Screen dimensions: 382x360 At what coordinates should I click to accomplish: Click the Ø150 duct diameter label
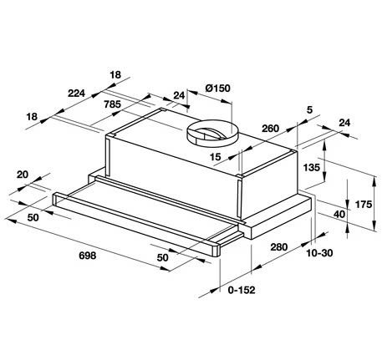(218, 89)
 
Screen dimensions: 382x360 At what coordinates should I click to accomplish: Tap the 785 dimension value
(112, 104)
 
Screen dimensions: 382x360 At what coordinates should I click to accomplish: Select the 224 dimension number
(76, 93)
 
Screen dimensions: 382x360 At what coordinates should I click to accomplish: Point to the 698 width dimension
(88, 256)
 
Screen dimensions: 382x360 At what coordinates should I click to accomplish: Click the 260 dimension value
(270, 129)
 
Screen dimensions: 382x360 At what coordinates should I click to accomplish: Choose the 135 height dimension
(312, 167)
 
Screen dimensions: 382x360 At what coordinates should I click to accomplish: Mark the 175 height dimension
(364, 205)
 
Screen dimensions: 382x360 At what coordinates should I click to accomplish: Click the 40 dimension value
(339, 214)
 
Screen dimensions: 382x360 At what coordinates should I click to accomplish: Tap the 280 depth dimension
(278, 246)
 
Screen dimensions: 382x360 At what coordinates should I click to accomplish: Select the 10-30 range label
(319, 253)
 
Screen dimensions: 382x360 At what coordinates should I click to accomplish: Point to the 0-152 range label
(242, 290)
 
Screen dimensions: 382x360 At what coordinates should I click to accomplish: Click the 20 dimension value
(23, 175)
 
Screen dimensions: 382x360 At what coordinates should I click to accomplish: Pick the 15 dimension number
(215, 157)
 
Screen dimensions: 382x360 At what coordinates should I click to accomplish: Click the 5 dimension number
(309, 109)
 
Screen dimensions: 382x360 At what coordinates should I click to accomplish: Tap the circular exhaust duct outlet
(212, 133)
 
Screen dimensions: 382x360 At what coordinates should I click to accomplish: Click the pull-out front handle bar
(136, 224)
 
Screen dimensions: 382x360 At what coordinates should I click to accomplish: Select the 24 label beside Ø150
(179, 95)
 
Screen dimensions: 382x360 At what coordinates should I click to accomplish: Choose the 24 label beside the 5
(344, 123)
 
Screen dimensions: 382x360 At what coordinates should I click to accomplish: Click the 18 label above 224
(115, 74)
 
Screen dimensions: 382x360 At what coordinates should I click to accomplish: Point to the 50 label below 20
(33, 217)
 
